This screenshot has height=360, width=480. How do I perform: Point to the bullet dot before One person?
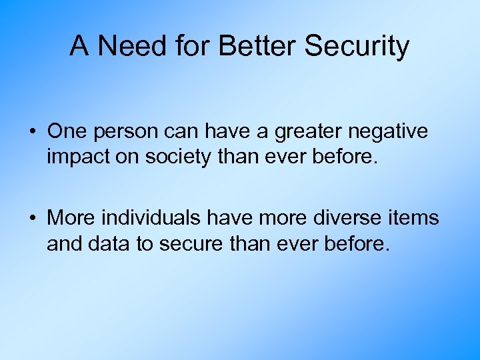coord(32,131)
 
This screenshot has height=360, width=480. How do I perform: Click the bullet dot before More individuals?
coord(32,218)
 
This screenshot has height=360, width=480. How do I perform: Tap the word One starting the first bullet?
coord(65,131)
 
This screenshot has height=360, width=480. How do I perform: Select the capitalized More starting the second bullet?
coord(69,218)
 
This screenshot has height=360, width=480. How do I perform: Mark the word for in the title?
coord(189,46)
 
